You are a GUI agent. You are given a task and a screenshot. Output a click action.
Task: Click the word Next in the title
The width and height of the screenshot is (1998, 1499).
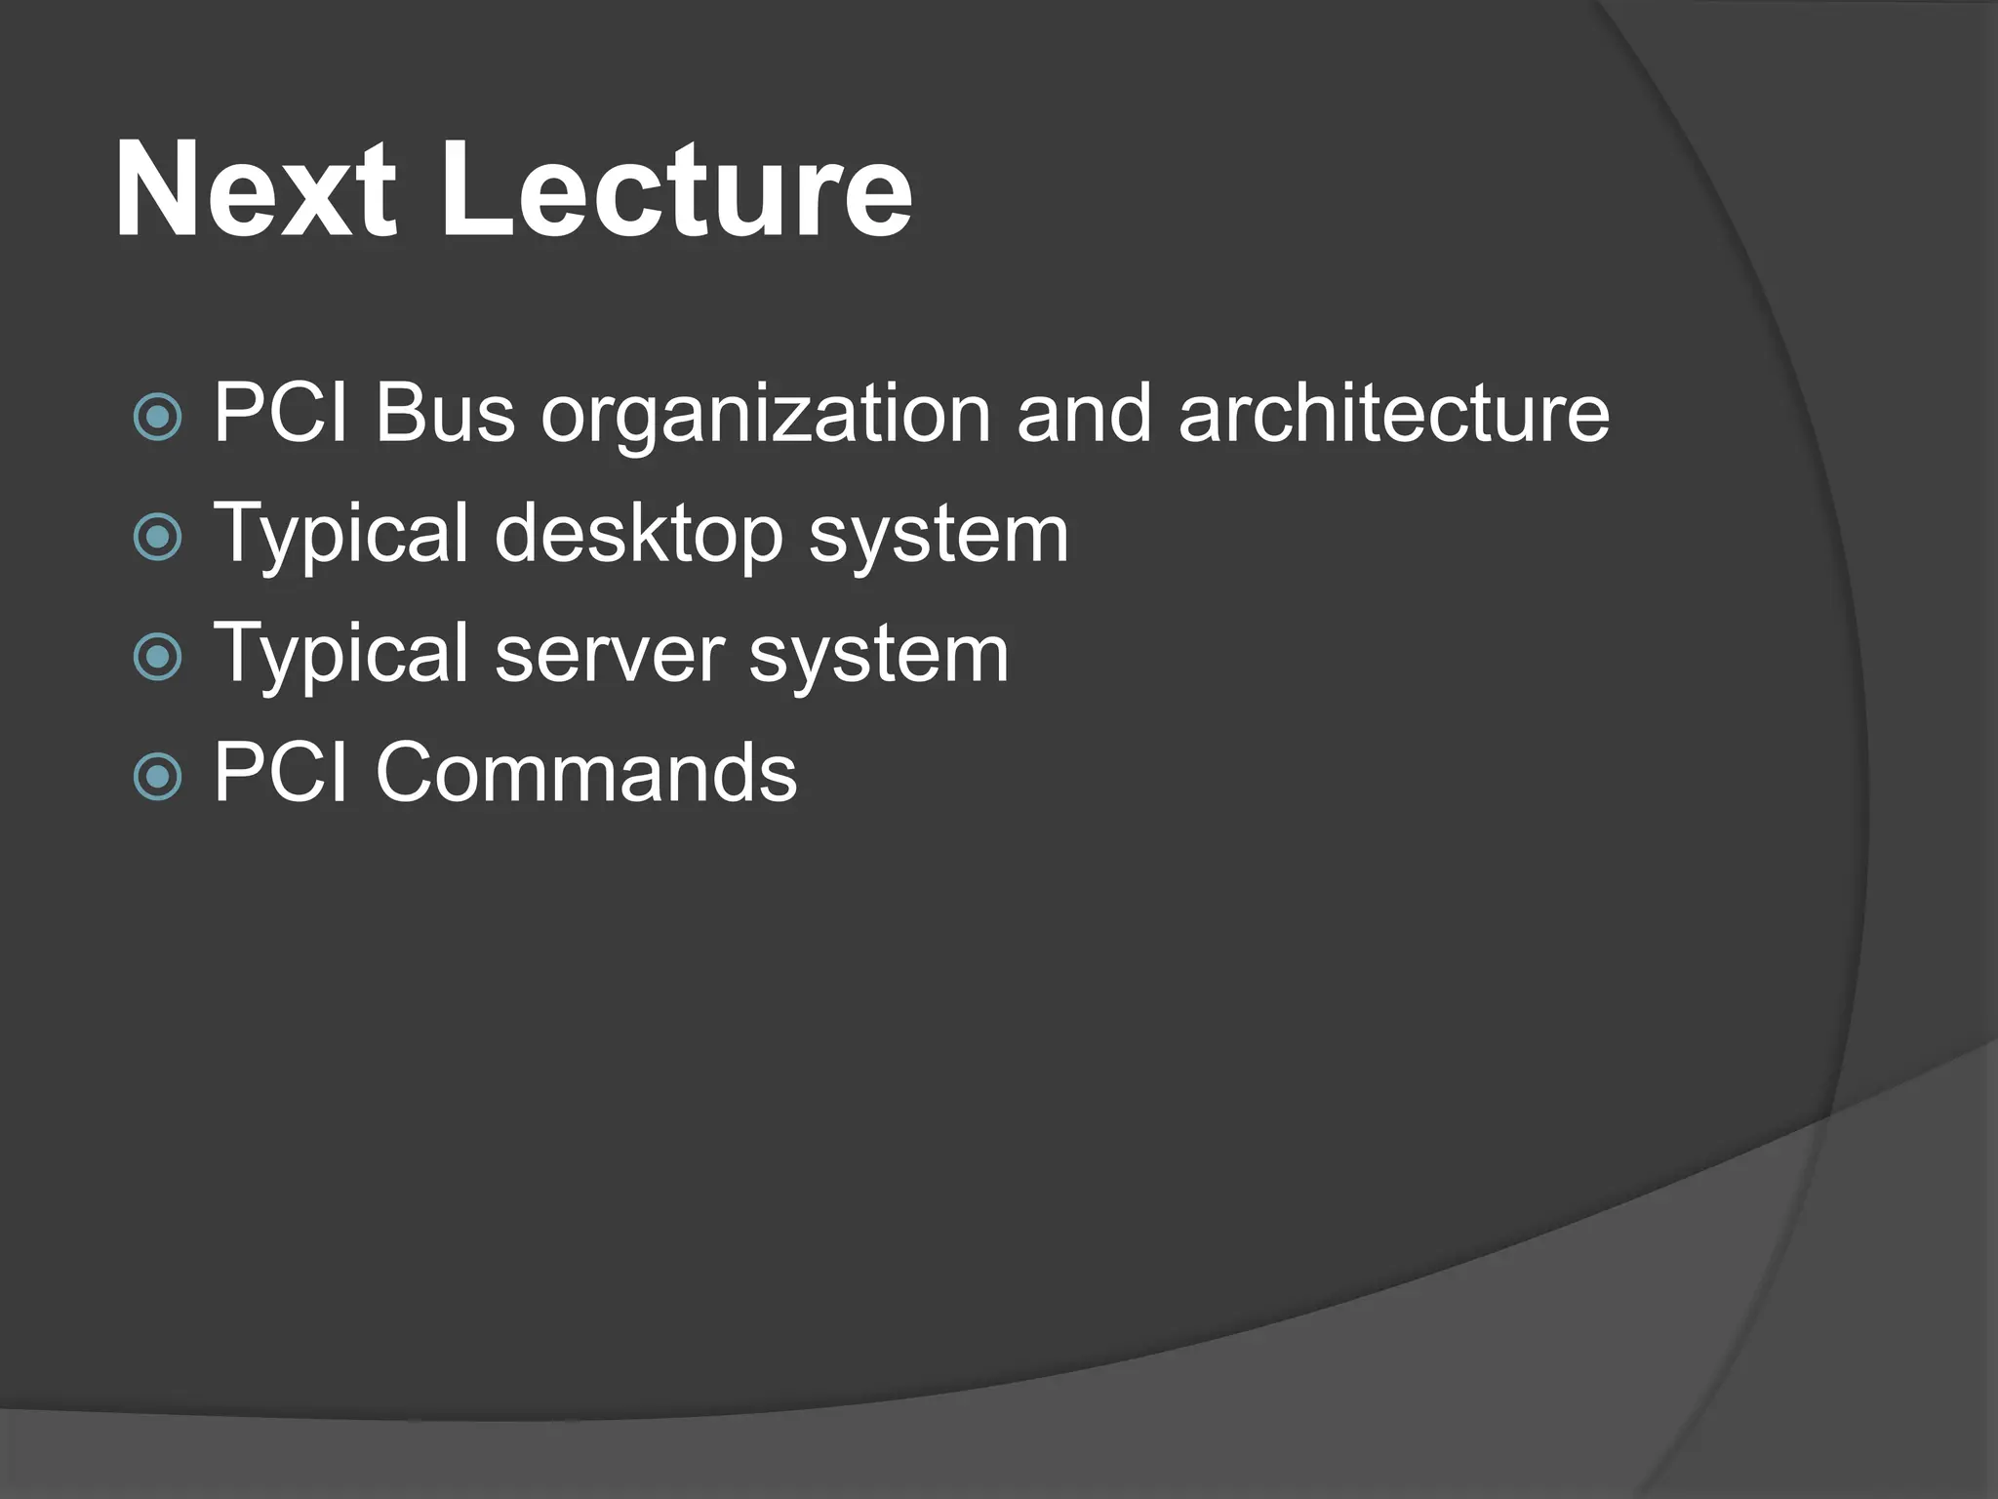pos(256,189)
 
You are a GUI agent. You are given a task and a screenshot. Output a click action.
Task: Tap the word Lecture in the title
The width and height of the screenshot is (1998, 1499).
pos(677,189)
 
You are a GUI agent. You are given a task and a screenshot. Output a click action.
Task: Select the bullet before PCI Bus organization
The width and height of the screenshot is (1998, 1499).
pos(157,417)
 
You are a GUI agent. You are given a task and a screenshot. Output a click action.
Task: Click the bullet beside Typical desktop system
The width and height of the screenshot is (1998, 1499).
pos(157,536)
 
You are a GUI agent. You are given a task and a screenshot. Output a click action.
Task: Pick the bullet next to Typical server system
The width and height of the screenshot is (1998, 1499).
pos(157,656)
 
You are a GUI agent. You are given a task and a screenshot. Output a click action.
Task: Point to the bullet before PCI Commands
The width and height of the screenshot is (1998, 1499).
pos(157,776)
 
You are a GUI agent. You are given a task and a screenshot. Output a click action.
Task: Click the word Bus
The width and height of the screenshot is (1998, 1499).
pos(445,413)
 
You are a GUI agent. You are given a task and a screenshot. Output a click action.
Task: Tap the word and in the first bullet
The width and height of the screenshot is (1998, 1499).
pos(1084,413)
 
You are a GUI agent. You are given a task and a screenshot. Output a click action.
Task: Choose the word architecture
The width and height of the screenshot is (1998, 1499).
pos(1394,413)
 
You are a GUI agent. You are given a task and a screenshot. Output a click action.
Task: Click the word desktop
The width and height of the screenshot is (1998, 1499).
pos(639,536)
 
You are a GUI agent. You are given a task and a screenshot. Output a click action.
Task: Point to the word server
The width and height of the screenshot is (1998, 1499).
pos(610,656)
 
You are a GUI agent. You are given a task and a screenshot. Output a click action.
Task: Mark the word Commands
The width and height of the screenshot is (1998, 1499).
pos(586,773)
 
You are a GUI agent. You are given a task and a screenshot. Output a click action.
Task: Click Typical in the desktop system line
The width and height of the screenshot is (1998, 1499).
pos(341,536)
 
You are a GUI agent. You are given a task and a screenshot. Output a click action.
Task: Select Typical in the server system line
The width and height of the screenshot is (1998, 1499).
pos(341,656)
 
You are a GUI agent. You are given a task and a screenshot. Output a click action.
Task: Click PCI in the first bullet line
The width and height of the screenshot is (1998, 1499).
pos(281,413)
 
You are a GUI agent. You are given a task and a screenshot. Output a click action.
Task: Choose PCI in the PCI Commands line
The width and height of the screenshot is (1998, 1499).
pos(281,773)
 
